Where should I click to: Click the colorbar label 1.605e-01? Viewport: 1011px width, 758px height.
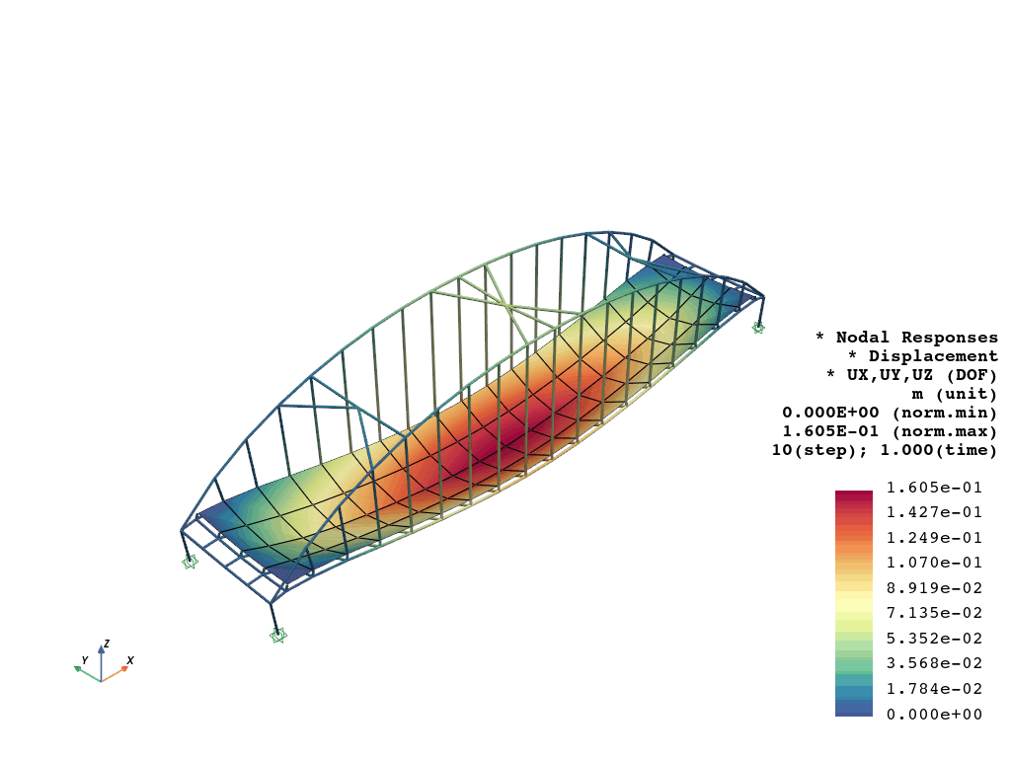[934, 488]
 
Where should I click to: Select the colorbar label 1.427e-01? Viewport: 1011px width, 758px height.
[934, 513]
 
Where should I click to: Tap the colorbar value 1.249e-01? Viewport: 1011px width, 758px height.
[934, 538]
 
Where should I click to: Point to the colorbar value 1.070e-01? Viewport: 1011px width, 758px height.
[934, 564]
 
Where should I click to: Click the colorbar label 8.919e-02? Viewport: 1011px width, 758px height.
[934, 588]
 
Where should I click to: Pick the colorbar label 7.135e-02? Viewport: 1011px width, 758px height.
[934, 614]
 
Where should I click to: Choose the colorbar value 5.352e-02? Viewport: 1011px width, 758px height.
[934, 639]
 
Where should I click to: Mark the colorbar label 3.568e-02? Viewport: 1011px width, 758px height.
[934, 664]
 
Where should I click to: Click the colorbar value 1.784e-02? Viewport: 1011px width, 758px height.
[934, 689]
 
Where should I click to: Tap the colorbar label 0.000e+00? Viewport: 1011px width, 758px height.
[934, 715]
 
